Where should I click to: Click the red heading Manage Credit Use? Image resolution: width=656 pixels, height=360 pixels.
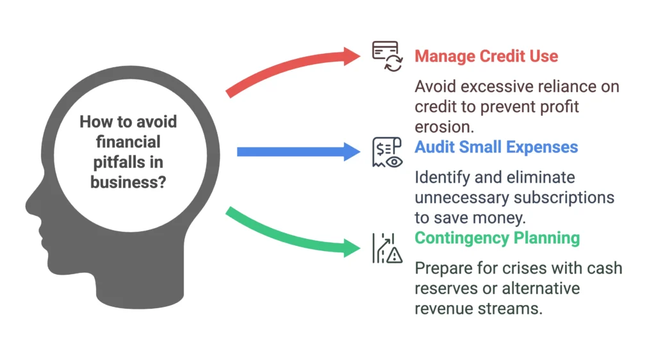tap(486, 56)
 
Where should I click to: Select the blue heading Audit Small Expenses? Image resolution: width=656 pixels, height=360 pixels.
tap(496, 147)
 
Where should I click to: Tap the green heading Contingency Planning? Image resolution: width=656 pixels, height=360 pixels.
tap(497, 238)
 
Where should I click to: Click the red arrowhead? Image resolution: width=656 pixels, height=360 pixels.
tap(352, 56)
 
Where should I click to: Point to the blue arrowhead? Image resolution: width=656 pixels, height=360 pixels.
tap(352, 152)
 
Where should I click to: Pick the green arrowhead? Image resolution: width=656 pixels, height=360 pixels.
tap(352, 247)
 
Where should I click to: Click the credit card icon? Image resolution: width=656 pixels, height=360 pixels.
tap(388, 56)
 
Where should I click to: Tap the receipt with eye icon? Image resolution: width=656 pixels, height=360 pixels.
tap(388, 152)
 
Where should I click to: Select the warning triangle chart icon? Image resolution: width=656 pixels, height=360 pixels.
tap(388, 248)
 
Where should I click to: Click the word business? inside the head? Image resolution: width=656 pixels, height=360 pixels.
tap(128, 182)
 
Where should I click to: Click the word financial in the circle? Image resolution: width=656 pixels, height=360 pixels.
tap(128, 142)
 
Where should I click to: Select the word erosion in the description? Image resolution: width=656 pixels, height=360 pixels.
tap(445, 127)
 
